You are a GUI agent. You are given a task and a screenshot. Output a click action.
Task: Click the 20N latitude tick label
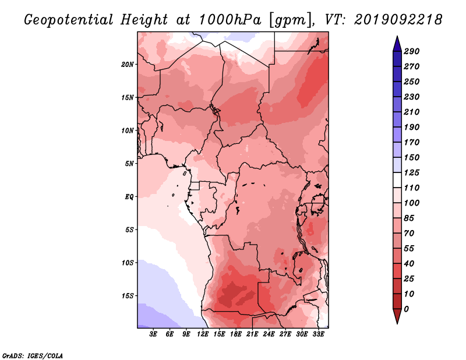127,65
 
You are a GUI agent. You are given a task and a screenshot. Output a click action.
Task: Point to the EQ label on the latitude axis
129,197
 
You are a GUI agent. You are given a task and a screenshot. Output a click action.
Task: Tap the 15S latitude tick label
128,296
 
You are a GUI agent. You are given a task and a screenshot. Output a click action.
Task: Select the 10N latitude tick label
127,130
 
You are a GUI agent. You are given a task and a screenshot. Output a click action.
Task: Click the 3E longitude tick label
153,334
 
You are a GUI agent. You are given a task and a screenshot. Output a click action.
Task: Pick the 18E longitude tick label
236,334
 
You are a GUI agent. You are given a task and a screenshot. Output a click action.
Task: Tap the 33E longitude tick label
318,334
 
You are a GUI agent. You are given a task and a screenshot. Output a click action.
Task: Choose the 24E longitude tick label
269,334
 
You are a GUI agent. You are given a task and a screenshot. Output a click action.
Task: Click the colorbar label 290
412,51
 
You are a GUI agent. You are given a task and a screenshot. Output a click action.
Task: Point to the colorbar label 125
412,172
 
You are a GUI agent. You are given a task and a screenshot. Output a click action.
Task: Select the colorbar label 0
406,309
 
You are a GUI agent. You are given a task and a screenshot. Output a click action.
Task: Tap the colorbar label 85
409,218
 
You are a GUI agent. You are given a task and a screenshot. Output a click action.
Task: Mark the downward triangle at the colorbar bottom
397,316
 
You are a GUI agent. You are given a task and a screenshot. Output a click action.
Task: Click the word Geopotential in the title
69,20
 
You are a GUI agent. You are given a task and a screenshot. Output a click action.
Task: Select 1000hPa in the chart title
230,20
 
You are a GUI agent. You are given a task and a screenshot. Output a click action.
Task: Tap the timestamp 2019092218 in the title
398,20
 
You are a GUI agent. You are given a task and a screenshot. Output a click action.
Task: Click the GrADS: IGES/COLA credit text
33,356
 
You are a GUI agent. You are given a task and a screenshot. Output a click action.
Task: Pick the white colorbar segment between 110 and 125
397,180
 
